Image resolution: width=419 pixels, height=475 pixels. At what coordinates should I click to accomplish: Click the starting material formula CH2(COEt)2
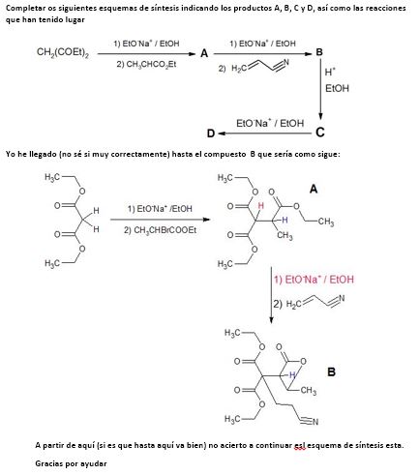63,52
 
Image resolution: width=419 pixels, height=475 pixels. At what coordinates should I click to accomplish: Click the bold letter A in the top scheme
204,53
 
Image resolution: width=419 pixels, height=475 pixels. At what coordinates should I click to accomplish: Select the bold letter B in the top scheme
319,52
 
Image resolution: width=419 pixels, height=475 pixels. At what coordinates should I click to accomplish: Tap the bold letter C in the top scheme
320,133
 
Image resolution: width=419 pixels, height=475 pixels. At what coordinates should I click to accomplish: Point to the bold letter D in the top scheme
211,134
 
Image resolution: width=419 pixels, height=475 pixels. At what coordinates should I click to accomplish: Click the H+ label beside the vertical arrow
330,72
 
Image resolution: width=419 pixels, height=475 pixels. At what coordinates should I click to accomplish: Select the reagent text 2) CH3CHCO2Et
146,64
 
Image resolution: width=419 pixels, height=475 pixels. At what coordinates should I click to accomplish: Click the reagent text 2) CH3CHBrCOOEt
161,230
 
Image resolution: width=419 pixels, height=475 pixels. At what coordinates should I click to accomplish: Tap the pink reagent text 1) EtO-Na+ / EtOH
314,280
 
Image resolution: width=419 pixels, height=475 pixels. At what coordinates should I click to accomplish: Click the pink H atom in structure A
261,205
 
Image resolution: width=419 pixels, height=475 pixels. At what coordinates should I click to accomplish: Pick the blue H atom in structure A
284,220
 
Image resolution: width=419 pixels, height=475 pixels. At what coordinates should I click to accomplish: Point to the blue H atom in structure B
292,374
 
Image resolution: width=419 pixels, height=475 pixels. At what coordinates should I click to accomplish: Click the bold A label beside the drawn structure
314,189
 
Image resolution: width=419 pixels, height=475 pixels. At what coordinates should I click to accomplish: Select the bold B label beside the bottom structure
331,371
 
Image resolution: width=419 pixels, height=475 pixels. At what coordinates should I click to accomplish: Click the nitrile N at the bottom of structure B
315,422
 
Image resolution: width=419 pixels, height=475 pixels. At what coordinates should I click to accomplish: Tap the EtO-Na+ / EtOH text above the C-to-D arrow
270,123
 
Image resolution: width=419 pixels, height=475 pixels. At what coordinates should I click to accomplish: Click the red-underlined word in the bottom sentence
300,445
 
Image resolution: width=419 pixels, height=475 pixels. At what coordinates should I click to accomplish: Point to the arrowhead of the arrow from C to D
221,134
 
